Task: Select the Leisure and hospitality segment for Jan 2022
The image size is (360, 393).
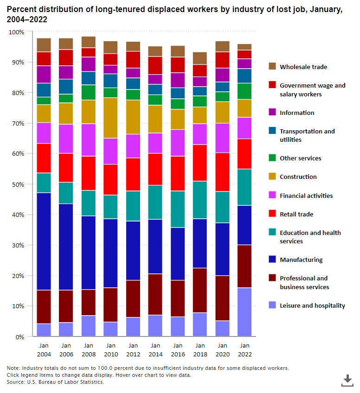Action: [x=244, y=312]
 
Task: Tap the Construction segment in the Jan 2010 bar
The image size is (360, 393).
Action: [x=110, y=118]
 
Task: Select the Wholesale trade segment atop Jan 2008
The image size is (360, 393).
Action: [x=88, y=42]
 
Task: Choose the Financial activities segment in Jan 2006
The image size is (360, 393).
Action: [x=66, y=139]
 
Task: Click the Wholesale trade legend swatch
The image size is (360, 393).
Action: [x=272, y=67]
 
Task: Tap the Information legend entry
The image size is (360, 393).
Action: [x=297, y=113]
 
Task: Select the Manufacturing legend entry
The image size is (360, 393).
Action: [x=301, y=260]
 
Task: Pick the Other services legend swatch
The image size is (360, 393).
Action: [x=272, y=158]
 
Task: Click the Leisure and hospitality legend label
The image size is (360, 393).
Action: [x=312, y=305]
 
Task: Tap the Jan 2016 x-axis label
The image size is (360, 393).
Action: [x=178, y=350]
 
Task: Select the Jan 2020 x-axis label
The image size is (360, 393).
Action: [x=222, y=350]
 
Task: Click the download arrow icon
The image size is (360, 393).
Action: [x=347, y=380]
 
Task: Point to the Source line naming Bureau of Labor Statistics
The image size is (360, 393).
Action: [x=55, y=382]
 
